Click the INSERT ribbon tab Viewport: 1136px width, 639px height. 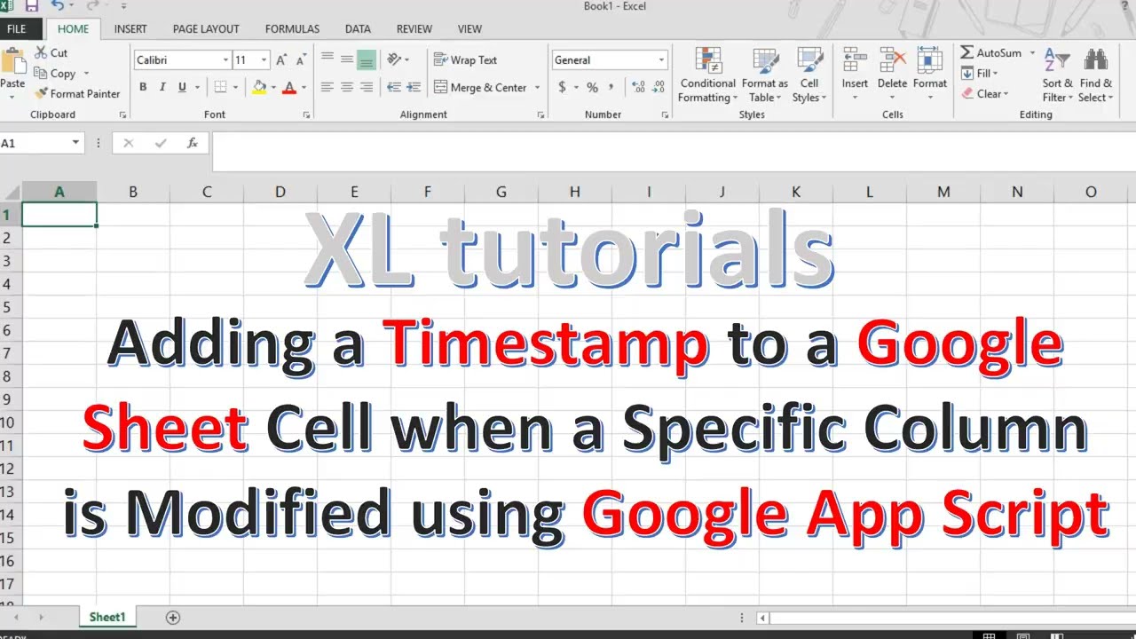130,28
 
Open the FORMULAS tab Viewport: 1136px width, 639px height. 292,28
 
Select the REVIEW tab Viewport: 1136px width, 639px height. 414,28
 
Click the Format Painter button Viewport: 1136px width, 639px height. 77,93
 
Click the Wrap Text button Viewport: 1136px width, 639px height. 465,60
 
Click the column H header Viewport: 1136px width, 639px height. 575,192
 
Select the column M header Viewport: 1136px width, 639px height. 943,192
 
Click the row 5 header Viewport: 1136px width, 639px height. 7,307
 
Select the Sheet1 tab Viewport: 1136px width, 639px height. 107,617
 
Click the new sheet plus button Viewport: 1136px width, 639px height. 173,617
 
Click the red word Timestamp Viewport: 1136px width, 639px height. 546,344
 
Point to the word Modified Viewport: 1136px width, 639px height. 258,512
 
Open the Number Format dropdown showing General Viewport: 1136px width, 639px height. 609,60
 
